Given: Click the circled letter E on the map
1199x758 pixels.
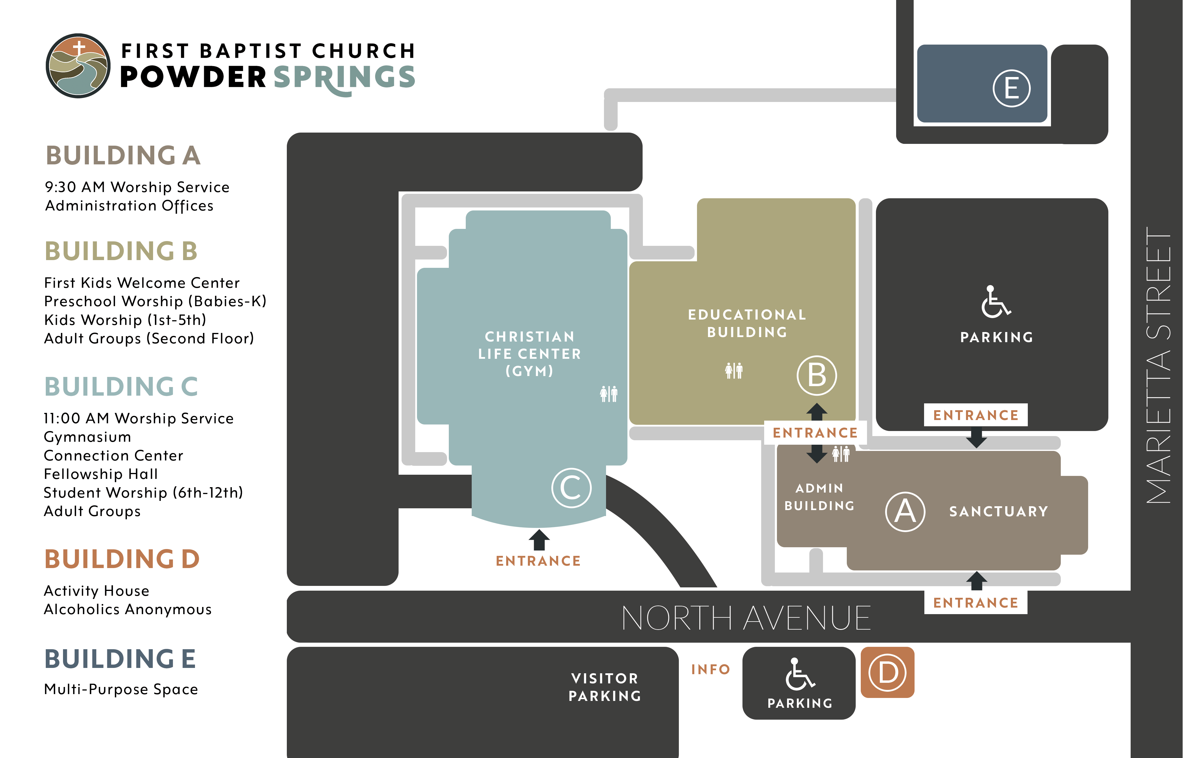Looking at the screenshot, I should [1011, 89].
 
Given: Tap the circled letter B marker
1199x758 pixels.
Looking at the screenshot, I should [816, 375].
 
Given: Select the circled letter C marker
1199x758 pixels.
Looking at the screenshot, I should [571, 487].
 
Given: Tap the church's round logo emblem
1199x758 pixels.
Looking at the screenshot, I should [78, 66].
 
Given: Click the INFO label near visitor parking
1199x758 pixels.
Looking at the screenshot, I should [711, 669].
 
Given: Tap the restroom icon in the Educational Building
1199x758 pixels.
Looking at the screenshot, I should [734, 371].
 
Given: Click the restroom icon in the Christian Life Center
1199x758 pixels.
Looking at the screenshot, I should [608, 394].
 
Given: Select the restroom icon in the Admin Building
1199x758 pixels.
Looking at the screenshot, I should [841, 454].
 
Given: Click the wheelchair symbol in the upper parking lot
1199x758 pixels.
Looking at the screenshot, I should [995, 302].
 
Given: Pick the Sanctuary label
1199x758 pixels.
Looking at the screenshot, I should [998, 512].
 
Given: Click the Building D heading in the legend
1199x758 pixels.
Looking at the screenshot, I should [122, 559].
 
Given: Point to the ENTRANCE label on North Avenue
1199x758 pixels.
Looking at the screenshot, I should [975, 603].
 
